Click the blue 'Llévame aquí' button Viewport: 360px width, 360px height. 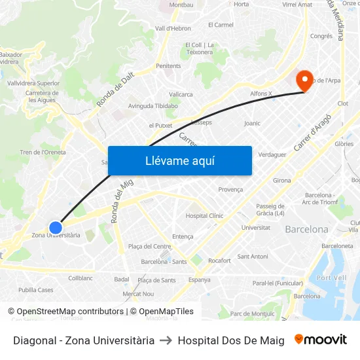click(179, 160)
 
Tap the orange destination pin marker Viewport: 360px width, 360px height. click(304, 80)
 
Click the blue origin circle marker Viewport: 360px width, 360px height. click(56, 228)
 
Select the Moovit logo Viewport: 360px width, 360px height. click(321, 340)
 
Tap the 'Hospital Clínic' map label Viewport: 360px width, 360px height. click(204, 215)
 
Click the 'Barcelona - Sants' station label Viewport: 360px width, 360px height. click(164, 261)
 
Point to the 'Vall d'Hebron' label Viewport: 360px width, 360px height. click(173, 28)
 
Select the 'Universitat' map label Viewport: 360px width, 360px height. click(255, 227)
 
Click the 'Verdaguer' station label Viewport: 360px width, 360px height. click(272, 154)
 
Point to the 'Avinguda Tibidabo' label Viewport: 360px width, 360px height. click(153, 106)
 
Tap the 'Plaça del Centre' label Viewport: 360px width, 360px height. click(149, 246)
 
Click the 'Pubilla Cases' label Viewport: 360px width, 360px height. click(36, 289)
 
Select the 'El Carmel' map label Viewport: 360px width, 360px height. click(221, 25)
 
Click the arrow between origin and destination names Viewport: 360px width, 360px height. click(166, 340)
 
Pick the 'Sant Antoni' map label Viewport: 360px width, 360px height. click(253, 256)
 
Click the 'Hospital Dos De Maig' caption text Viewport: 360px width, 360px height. click(231, 340)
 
